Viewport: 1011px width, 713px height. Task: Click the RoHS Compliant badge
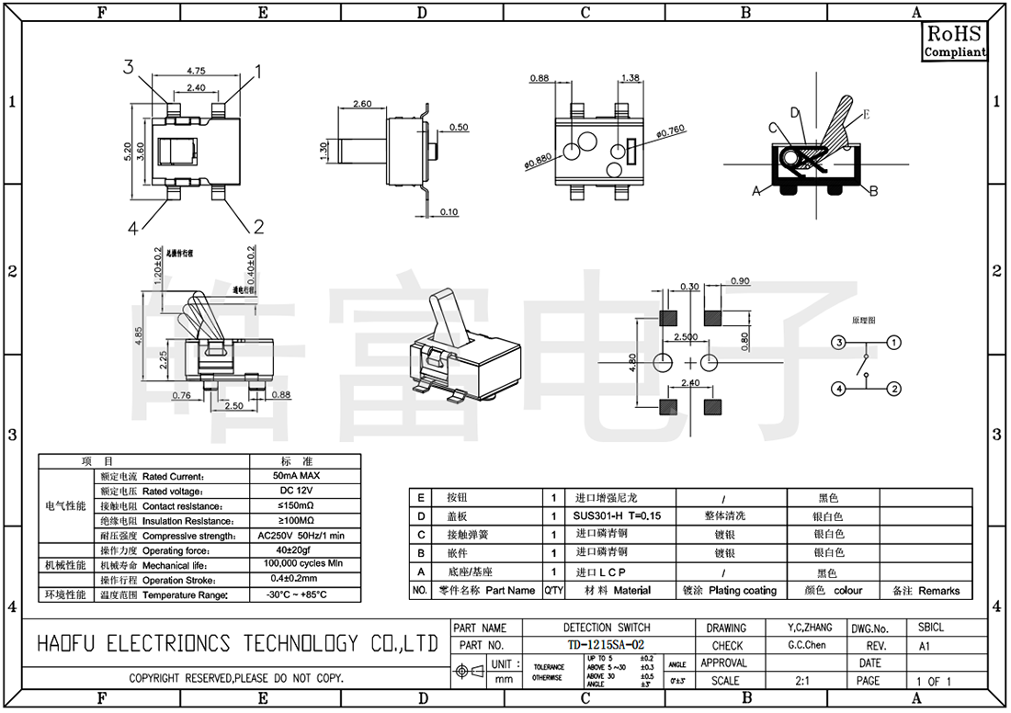[954, 42]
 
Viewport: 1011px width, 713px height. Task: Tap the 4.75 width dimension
[195, 71]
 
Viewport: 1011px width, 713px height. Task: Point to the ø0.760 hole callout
[672, 132]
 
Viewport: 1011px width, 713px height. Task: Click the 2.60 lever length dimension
[362, 104]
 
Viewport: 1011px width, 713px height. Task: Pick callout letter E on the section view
[866, 115]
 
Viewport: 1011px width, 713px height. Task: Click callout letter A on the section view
[756, 191]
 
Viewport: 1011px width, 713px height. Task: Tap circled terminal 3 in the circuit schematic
[838, 343]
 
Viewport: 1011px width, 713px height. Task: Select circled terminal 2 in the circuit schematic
[893, 390]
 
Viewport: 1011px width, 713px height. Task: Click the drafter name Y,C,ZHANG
[810, 628]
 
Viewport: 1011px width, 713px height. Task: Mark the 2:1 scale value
[801, 681]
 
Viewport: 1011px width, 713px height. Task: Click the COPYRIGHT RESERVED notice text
[236, 678]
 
